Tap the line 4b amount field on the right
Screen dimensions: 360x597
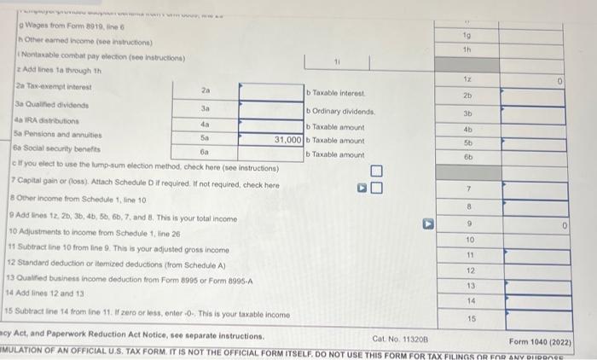[x=529, y=129]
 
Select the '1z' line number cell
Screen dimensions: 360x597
[x=468, y=78]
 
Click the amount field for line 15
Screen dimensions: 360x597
[x=529, y=317]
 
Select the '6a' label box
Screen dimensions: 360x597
[x=204, y=150]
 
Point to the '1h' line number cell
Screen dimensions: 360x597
[x=468, y=49]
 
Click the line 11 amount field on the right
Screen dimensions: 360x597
[x=529, y=254]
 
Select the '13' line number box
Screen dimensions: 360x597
[x=468, y=285]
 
